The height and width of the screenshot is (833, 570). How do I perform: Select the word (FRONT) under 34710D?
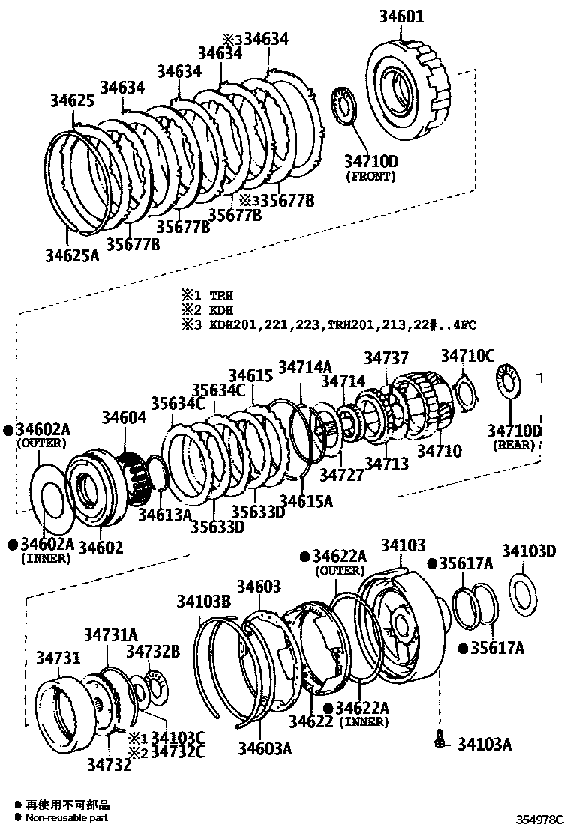click(x=370, y=177)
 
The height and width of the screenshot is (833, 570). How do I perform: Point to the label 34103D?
click(x=529, y=552)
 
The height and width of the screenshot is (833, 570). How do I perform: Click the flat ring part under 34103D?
click(x=523, y=593)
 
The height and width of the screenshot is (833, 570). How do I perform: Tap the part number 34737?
click(x=387, y=360)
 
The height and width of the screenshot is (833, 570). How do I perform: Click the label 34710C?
click(x=467, y=356)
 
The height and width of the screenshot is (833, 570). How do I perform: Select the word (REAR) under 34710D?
click(x=514, y=445)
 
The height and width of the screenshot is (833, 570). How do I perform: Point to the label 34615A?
click(x=306, y=500)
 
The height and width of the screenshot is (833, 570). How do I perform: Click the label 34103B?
click(x=203, y=601)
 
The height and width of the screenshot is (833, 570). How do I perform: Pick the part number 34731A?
click(x=110, y=634)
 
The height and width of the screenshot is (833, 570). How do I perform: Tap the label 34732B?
click(x=152, y=652)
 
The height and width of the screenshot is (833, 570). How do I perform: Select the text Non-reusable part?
click(x=67, y=818)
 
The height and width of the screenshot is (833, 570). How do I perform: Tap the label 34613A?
click(x=164, y=515)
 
